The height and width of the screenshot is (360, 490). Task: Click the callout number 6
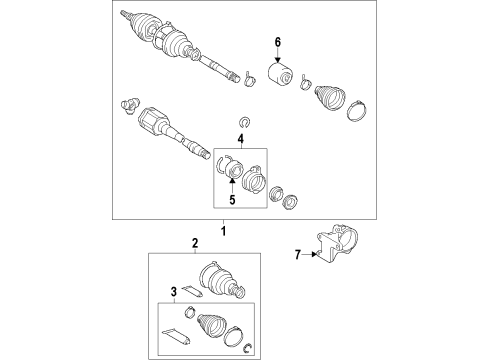[x=279, y=41]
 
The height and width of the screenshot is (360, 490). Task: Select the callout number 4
[x=240, y=138]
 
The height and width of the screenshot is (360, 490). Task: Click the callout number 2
[x=195, y=243]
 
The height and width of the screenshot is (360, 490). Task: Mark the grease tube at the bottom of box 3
[x=175, y=334]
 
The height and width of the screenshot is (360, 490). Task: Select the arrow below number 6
[x=279, y=56]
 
